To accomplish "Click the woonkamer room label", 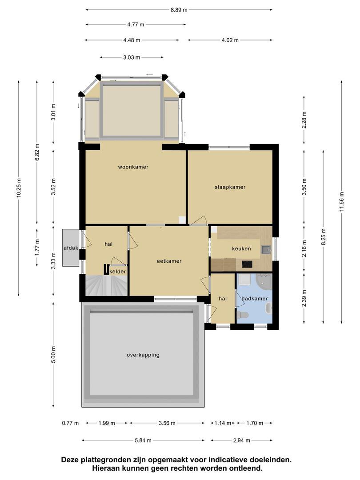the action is [133, 167].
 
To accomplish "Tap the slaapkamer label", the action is [230, 187].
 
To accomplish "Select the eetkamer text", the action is [169, 261].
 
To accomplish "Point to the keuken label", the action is [241, 248].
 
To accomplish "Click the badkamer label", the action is [254, 299].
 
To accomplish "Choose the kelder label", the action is [117, 272].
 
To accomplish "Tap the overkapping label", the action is [143, 355].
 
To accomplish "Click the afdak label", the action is [71, 248].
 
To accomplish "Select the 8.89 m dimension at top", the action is [179, 10].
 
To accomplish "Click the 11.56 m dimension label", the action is [342, 201].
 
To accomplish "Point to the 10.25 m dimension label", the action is [19, 188].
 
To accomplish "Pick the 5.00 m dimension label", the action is [54, 355].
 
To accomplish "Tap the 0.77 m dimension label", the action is [70, 423].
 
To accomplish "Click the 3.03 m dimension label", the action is [132, 57].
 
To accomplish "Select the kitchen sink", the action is [266, 250].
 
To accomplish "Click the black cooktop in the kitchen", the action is [247, 264].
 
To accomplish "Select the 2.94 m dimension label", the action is [241, 440].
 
